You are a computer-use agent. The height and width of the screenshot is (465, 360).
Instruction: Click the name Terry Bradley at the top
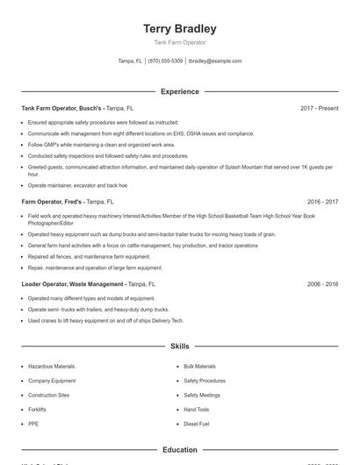(x=179, y=28)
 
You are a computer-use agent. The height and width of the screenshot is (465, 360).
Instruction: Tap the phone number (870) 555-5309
(x=165, y=61)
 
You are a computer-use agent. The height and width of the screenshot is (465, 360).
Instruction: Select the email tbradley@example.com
(x=215, y=61)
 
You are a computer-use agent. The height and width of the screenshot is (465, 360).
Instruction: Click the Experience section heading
(x=179, y=91)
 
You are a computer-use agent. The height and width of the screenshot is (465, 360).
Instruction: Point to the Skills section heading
(x=179, y=347)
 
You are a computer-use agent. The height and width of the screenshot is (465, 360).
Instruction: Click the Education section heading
(x=179, y=450)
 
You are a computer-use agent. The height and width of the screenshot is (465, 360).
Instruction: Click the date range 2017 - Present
(x=319, y=108)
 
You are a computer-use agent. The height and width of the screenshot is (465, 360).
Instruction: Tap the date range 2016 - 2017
(x=322, y=201)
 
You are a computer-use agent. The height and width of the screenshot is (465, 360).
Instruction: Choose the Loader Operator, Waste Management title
(x=73, y=284)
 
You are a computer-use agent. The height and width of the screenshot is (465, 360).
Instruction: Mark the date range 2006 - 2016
(x=322, y=284)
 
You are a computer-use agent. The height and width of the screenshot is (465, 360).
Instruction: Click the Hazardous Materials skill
(x=52, y=366)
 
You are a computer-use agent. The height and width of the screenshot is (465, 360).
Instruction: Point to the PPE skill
(x=33, y=424)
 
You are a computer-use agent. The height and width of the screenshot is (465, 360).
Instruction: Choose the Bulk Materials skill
(x=199, y=366)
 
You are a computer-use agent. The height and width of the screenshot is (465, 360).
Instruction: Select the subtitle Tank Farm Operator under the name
(x=179, y=42)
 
